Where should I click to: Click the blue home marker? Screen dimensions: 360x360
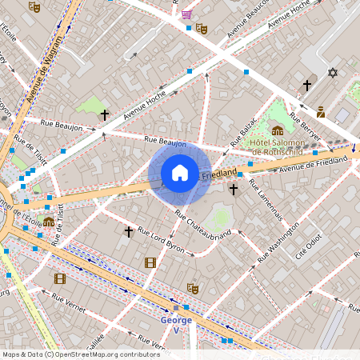(180, 173)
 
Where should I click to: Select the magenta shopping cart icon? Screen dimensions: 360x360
(186, 14)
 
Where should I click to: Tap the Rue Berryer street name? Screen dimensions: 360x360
(304, 128)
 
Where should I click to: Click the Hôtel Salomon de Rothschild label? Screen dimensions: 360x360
(280, 146)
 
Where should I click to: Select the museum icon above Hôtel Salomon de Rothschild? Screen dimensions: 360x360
(277, 130)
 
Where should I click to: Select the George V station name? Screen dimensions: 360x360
(176, 325)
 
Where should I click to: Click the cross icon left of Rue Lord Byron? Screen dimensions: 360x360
(128, 231)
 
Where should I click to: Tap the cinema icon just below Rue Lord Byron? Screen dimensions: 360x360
(150, 262)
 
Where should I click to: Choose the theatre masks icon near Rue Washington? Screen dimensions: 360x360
(192, 288)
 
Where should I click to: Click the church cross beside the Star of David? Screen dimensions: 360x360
(306, 85)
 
